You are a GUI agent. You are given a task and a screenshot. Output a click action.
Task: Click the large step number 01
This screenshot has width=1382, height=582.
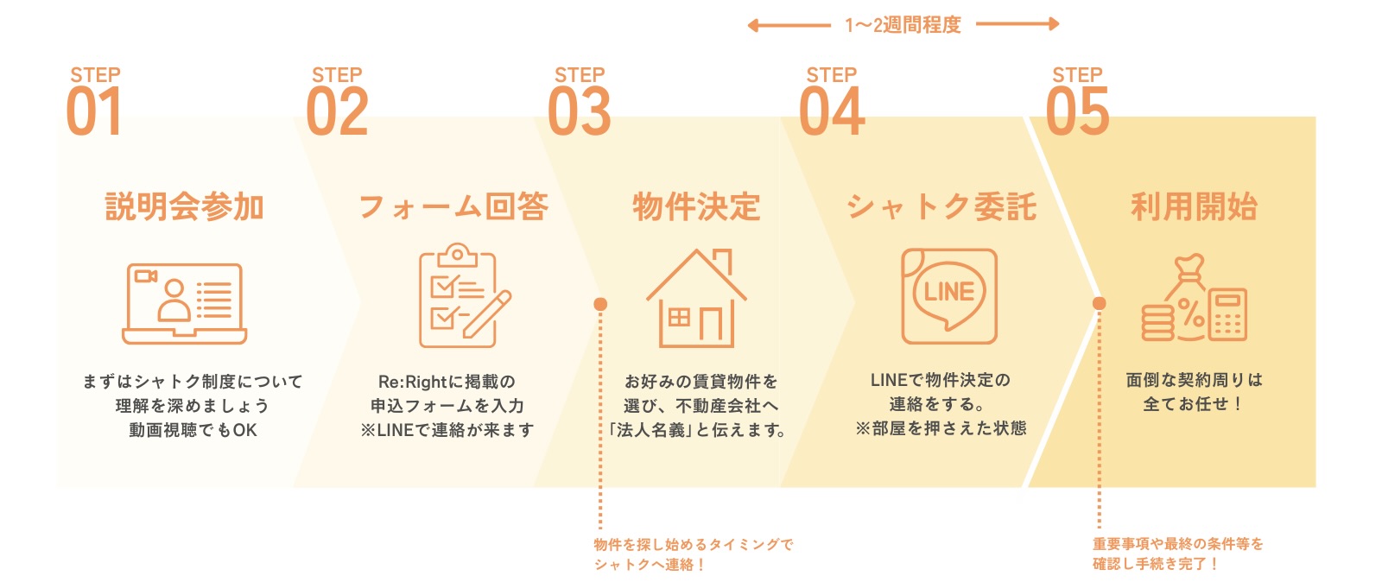pyautogui.click(x=93, y=112)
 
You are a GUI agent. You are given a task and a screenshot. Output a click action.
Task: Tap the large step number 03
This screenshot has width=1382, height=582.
pyautogui.click(x=579, y=112)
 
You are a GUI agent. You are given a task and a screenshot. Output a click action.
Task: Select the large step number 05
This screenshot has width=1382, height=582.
pyautogui.click(x=1077, y=112)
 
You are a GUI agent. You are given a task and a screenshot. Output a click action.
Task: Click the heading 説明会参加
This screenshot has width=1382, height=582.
pyautogui.click(x=184, y=207)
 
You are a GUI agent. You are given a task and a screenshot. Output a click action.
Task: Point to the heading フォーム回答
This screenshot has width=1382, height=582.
pyautogui.click(x=453, y=207)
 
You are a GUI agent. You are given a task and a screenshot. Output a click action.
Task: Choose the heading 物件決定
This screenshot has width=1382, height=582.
pyautogui.click(x=696, y=207)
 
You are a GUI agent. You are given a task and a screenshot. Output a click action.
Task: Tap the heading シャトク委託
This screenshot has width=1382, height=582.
pyautogui.click(x=941, y=207)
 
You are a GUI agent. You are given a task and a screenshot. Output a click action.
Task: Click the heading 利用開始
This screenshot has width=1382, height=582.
pyautogui.click(x=1195, y=207)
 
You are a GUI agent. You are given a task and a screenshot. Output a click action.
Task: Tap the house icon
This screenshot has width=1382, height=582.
pyautogui.click(x=696, y=298)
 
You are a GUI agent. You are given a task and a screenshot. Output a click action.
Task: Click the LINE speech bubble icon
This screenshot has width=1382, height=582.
pyautogui.click(x=948, y=296)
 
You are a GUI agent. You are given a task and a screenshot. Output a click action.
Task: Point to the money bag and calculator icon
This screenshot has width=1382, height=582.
pyautogui.click(x=1195, y=299)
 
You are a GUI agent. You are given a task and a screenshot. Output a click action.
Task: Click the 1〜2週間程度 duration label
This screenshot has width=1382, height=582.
pyautogui.click(x=903, y=25)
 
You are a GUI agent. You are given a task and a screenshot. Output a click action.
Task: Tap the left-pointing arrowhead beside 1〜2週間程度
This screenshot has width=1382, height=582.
pyautogui.click(x=753, y=25)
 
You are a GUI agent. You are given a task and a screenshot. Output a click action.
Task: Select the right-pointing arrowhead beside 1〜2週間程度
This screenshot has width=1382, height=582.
pyautogui.click(x=1053, y=24)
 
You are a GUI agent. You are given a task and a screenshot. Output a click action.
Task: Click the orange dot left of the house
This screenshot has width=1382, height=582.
pyautogui.click(x=600, y=304)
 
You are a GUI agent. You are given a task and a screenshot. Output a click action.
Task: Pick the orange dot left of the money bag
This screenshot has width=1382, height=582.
pyautogui.click(x=1099, y=303)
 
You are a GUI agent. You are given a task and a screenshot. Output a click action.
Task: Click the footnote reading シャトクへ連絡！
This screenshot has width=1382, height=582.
pyautogui.click(x=650, y=565)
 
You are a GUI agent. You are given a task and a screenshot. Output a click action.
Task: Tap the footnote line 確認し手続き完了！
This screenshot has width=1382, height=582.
pyautogui.click(x=1155, y=564)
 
